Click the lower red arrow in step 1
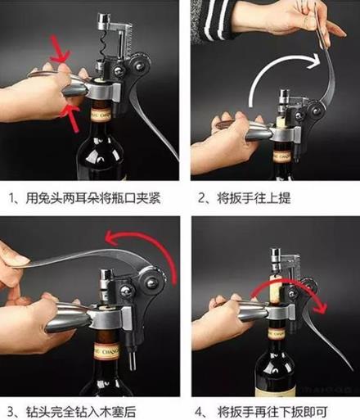coord(71,117)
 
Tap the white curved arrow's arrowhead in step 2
coord(313,61)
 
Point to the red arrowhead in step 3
coord(113,237)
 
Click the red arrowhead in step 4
coord(320,307)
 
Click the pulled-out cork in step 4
coord(277,290)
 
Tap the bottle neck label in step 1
coord(101,115)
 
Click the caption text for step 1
coord(85,198)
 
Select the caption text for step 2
coord(244,198)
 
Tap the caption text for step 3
coord(72,412)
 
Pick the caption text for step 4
coord(262,412)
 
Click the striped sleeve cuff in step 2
coord(215,20)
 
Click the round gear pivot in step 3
coord(151,282)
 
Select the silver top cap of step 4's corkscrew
coord(276,255)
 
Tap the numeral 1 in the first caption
coord(11,198)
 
